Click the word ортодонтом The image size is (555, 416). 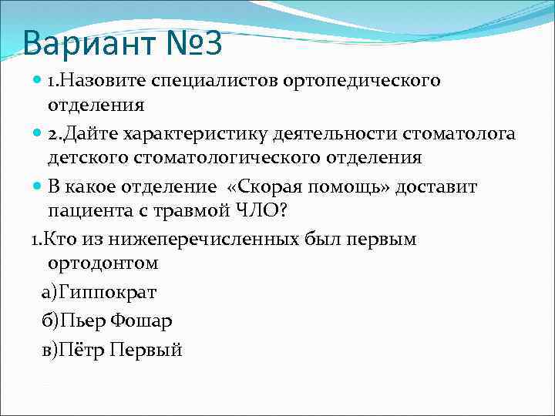click(103, 263)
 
